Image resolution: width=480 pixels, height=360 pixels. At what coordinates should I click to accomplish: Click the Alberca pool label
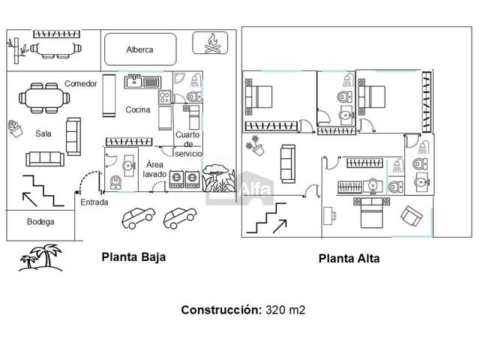coord(139,49)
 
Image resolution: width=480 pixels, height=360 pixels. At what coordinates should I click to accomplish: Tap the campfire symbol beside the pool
coord(212,43)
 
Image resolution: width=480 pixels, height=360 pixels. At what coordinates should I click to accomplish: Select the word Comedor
coord(81,83)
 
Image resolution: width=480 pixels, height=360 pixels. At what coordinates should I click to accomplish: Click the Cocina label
coord(138,109)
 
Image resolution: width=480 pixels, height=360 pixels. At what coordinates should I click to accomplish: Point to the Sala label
coord(43,133)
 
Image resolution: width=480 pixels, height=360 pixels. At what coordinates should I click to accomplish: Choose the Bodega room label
coord(40,222)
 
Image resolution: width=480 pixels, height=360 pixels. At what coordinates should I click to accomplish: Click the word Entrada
coord(94,202)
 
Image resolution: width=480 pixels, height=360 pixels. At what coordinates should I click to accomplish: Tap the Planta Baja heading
coord(133,257)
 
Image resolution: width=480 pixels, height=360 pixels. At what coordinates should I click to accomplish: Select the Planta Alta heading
coord(349,259)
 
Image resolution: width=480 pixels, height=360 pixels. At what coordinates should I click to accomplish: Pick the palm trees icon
coord(40,258)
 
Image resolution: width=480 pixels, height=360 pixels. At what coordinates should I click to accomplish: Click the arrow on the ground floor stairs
coord(30,199)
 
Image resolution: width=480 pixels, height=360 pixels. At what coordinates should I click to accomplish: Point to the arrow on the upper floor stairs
coord(280,226)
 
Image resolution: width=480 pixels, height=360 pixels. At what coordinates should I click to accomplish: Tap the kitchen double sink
coord(143,82)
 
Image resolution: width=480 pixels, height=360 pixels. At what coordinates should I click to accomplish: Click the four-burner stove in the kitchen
coord(165,97)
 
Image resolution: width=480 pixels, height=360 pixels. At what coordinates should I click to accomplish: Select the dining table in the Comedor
coord(44,98)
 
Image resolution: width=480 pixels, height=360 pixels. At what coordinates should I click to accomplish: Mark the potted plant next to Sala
coord(15,129)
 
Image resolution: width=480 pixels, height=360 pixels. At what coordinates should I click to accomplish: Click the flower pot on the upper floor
coord(255,145)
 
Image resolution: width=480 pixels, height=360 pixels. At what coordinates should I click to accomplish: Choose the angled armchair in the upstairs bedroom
coord(412,215)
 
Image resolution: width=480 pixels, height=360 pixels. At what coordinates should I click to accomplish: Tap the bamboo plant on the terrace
coord(17,50)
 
